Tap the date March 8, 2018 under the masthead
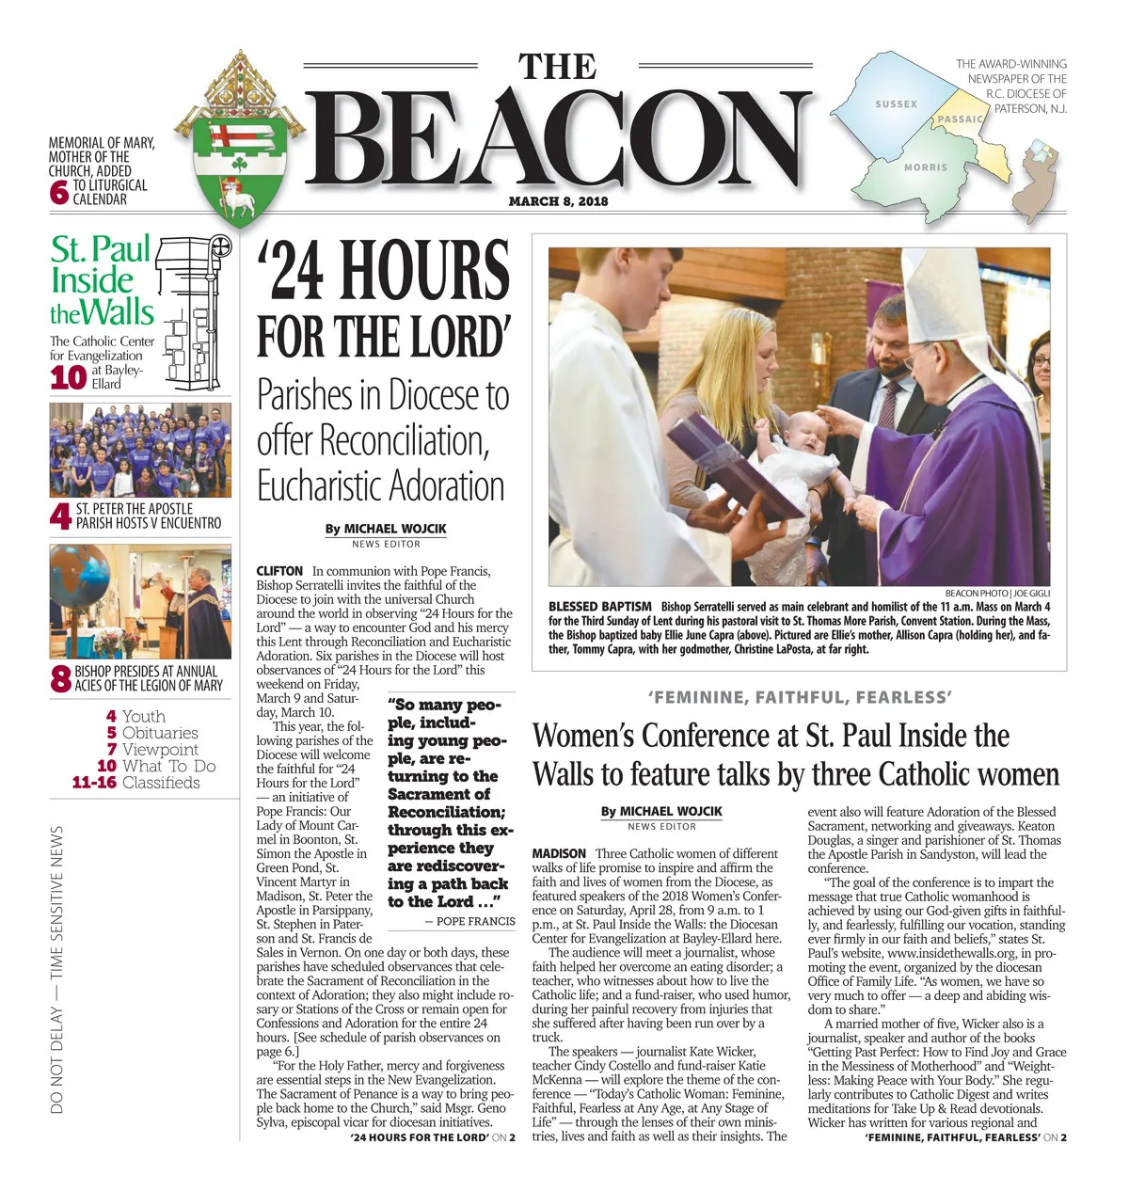coord(558,201)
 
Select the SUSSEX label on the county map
coord(896,104)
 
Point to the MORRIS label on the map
coord(926,167)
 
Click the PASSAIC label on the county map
coord(960,119)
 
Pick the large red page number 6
coord(59,193)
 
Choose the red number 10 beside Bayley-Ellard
coord(68,377)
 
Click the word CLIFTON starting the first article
coord(279,571)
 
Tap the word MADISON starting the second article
coord(559,853)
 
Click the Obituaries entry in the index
coord(160,733)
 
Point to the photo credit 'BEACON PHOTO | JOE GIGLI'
coord(997,594)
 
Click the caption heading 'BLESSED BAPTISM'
coord(599,607)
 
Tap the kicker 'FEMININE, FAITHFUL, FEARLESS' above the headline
coord(800,697)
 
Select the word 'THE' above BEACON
coord(557,67)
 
